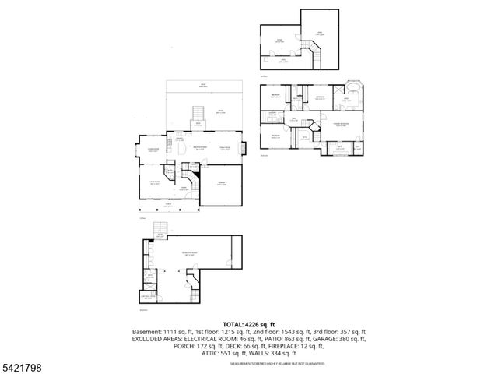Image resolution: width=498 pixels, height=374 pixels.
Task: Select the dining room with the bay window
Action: [x=153, y=150]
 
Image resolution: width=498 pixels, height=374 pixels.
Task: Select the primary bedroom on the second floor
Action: [x=340, y=125]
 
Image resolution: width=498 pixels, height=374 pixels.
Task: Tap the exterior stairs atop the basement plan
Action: [x=161, y=229]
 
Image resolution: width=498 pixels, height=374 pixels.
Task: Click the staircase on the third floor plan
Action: [x=316, y=55]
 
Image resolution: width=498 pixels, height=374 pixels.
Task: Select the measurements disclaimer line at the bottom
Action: [x=248, y=363]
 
